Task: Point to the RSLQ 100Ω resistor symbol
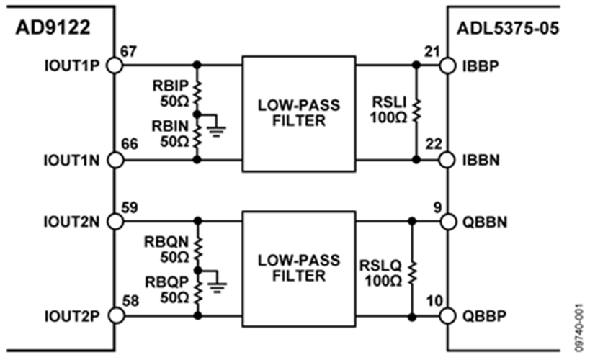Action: pos(411,269)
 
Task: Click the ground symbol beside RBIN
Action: pos(215,130)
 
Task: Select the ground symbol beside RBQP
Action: pos(215,286)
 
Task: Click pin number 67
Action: pos(130,52)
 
